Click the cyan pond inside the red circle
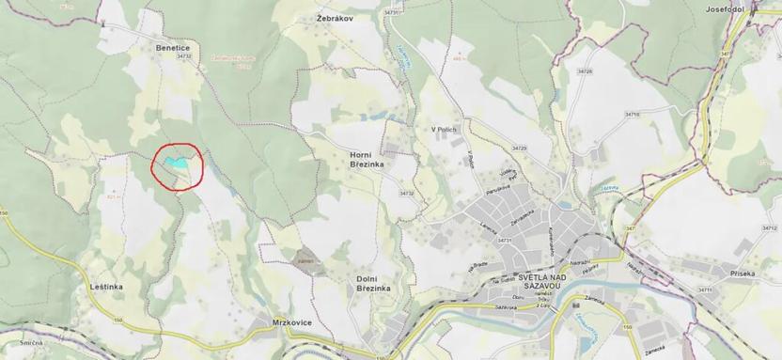coord(175,163)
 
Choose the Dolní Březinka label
coord(373,285)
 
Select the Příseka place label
coord(738,273)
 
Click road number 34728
coord(585,71)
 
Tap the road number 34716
coord(633,114)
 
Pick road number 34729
coord(519,149)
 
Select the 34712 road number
coord(770,228)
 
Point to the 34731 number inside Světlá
coord(503,240)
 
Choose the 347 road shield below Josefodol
coord(725,54)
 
